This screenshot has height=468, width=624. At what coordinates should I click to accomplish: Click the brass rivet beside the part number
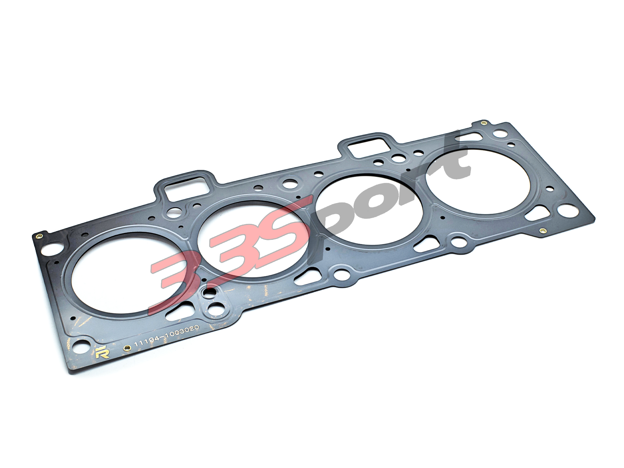point(127,348)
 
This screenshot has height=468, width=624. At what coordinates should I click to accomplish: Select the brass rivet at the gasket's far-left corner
point(40,236)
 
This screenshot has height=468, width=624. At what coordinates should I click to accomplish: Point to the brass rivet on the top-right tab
point(483,123)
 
